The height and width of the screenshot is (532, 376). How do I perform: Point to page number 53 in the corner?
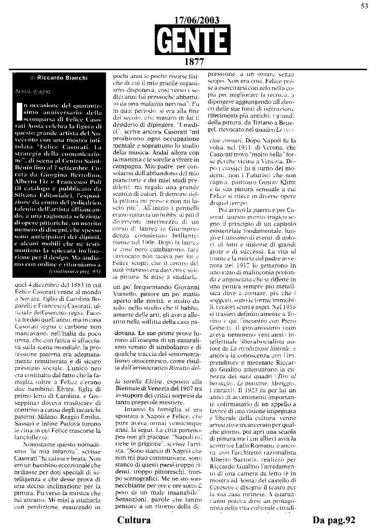coord(365,6)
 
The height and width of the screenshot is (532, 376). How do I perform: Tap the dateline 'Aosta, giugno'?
coord(35,91)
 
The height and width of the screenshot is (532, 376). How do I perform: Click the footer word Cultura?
coord(134,520)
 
